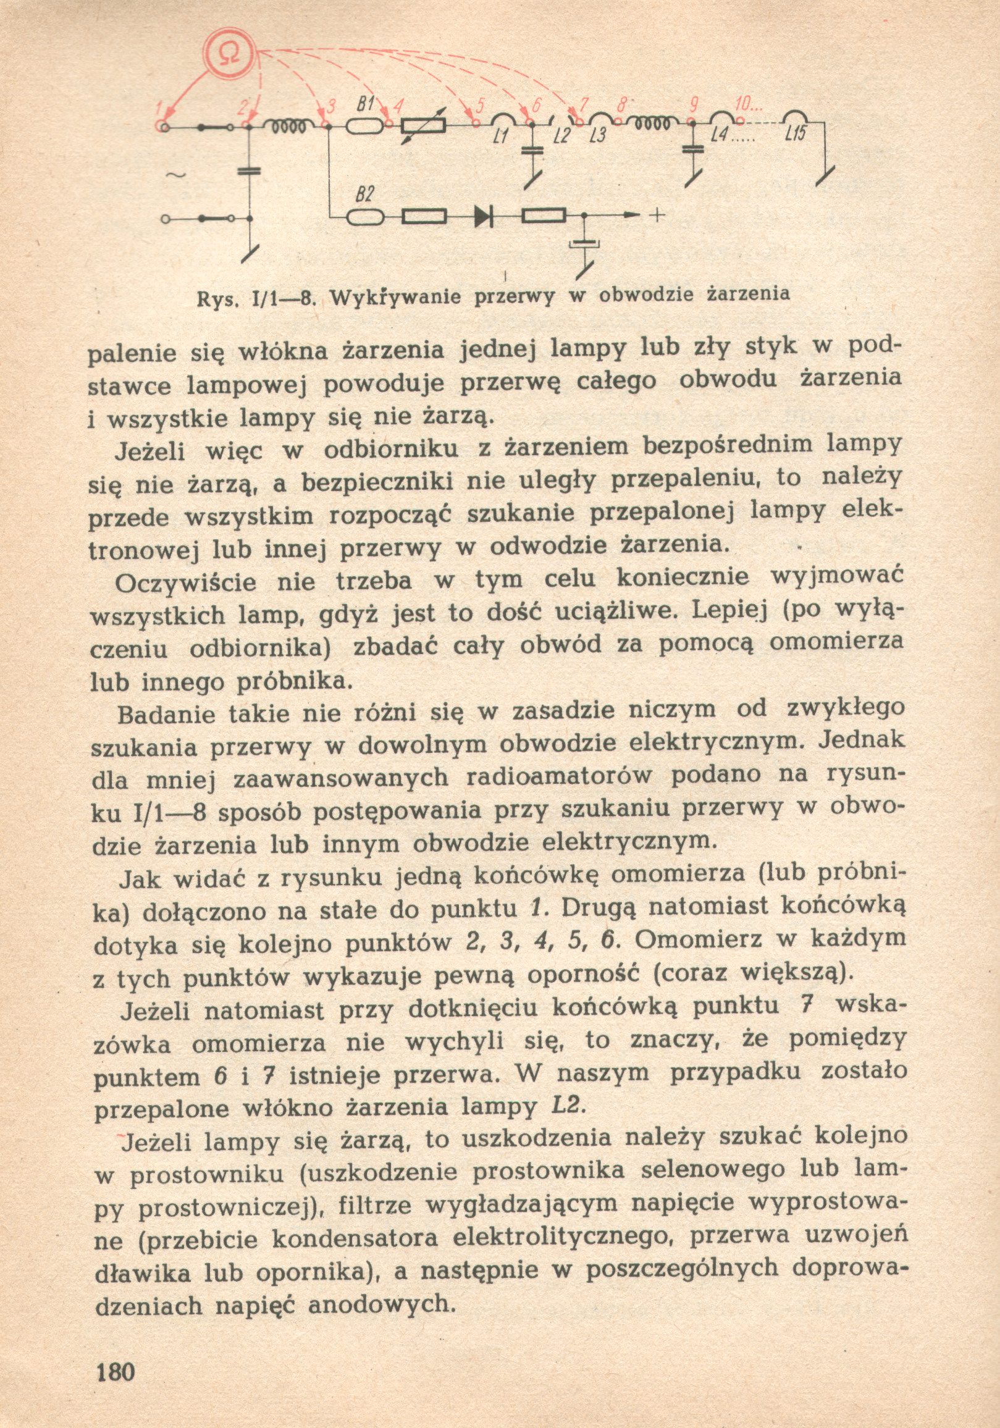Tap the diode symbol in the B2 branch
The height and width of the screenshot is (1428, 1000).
tap(483, 216)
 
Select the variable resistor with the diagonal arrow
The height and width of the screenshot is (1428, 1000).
tap(424, 125)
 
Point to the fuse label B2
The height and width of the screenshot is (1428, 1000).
tap(364, 195)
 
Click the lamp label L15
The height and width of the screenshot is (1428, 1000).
tap(796, 133)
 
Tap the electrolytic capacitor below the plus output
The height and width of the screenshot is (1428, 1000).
tap(584, 244)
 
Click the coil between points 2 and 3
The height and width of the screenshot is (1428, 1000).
tap(287, 126)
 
